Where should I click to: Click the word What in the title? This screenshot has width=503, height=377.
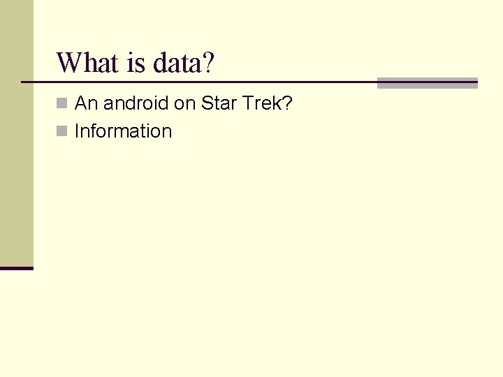pos(88,63)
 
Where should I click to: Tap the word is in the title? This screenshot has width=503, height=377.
pos(136,63)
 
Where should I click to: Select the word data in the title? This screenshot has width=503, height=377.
pos(175,63)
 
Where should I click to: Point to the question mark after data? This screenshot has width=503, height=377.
pos(207,63)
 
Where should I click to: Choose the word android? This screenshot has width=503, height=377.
pos(136,104)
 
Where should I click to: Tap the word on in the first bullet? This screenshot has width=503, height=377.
pos(184,104)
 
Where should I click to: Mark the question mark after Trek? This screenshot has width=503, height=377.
pos(287,104)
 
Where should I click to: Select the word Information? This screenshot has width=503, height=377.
pos(123,131)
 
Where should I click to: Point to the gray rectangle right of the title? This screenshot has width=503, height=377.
pos(427,82)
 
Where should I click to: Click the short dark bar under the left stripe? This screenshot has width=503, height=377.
pos(17,267)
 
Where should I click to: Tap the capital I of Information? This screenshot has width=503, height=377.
pos(77,131)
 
